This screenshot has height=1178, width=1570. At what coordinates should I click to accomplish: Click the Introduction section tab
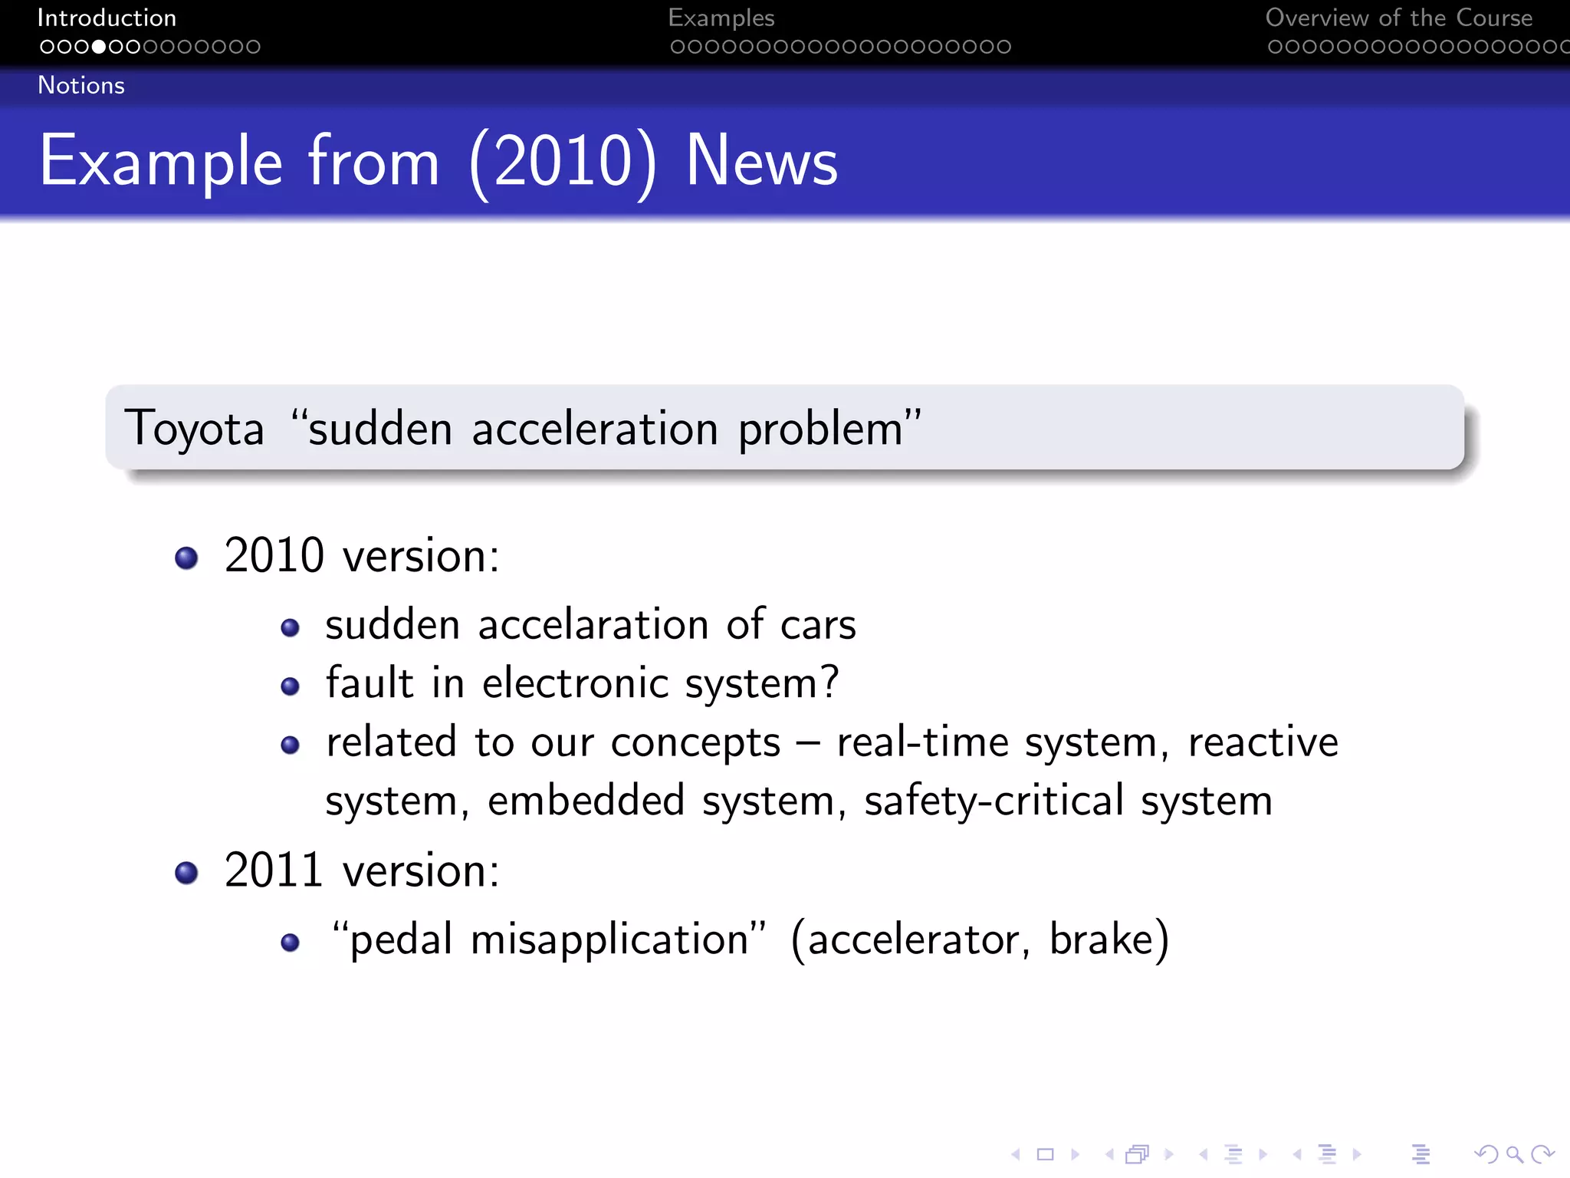(x=107, y=18)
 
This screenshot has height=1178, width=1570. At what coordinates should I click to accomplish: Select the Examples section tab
(x=721, y=18)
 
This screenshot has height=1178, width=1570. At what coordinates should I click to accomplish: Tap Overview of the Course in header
(x=1398, y=18)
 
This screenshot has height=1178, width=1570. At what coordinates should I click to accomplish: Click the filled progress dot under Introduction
(x=98, y=47)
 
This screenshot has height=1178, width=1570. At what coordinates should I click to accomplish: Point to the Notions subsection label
(x=81, y=85)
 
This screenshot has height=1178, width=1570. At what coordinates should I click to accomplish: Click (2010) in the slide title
(x=563, y=161)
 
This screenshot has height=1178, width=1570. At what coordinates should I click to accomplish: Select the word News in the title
(x=761, y=161)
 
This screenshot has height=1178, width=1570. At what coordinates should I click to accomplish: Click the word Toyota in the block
(x=194, y=428)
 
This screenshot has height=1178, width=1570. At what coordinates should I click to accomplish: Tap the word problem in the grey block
(x=820, y=429)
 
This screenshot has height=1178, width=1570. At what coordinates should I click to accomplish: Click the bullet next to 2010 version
(x=186, y=558)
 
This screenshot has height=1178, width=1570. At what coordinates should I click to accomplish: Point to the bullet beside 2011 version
(x=186, y=873)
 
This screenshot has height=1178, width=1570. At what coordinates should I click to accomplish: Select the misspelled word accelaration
(x=593, y=624)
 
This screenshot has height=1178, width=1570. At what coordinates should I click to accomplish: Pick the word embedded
(x=586, y=801)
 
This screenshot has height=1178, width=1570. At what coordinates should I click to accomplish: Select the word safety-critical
(x=994, y=802)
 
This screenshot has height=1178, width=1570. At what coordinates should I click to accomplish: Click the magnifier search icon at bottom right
(x=1513, y=1153)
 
